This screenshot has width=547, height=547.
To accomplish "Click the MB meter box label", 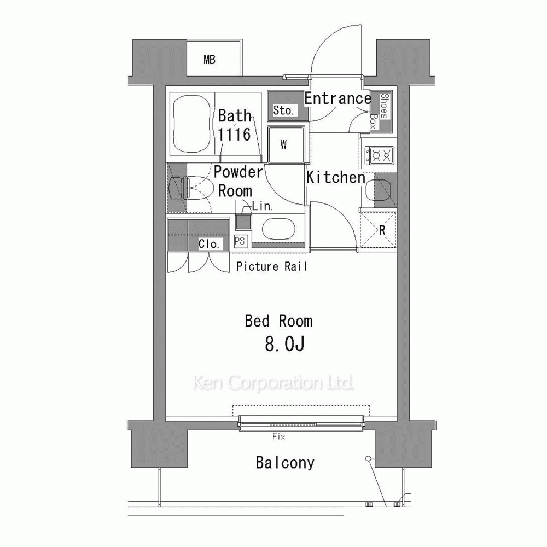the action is [x=210, y=60].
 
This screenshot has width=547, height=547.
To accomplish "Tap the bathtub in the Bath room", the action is [x=192, y=124].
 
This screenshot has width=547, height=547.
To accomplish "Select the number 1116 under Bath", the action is [x=235, y=135].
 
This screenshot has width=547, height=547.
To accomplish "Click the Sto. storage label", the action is [x=283, y=110].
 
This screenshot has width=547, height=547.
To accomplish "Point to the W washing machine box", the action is [x=286, y=144].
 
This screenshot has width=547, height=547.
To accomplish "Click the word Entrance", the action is [x=337, y=98].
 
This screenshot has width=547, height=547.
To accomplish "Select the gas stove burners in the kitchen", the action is [x=379, y=155].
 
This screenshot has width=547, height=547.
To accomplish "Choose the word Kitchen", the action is [x=336, y=177].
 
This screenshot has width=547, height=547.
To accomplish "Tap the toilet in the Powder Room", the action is [x=191, y=188].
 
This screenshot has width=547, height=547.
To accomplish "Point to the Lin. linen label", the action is [x=262, y=206].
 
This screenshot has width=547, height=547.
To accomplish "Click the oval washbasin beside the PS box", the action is [x=278, y=229].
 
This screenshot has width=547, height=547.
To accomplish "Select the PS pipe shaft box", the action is [x=240, y=241].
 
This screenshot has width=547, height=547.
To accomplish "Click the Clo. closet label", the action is [x=208, y=244].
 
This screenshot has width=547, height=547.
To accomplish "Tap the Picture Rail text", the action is [x=271, y=266].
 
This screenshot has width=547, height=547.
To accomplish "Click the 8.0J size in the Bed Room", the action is [x=284, y=344].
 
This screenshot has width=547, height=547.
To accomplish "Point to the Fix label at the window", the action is [x=279, y=437].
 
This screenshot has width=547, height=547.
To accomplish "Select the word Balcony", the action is [x=284, y=463].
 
